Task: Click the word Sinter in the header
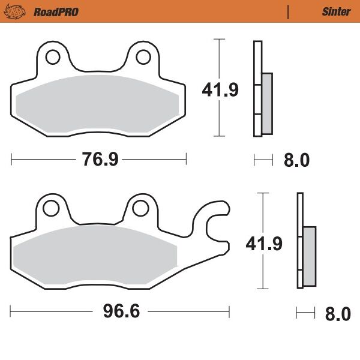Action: pyautogui.click(x=336, y=11)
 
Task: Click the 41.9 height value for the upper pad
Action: pyautogui.click(x=220, y=90)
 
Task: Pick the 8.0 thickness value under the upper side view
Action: pyautogui.click(x=296, y=160)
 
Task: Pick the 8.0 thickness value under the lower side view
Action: pyautogui.click(x=337, y=314)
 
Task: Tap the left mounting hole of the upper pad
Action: pyautogui.click(x=52, y=58)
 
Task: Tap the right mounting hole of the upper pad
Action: pyautogui.click(x=143, y=58)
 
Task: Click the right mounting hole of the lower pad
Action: pyautogui.click(x=140, y=208)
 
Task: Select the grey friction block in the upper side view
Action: pyautogui.click(x=267, y=103)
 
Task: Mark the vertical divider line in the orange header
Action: pyautogui.click(x=289, y=11)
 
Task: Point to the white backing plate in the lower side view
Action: pyautogui.click(x=299, y=240)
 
